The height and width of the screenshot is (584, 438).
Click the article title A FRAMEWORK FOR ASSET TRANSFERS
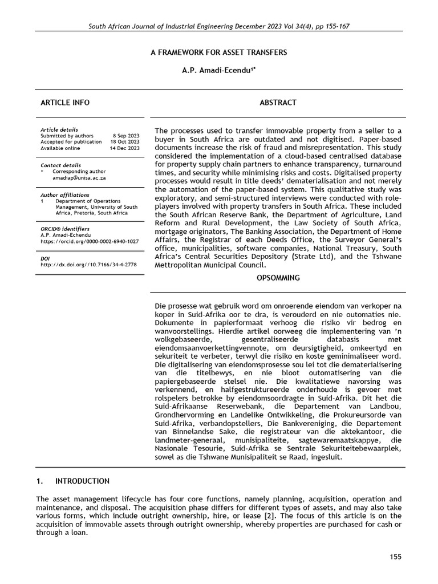218,52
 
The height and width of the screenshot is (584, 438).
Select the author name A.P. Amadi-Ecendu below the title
218,70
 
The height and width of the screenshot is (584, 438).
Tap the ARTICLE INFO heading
65,103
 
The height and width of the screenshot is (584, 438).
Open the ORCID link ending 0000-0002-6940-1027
90,241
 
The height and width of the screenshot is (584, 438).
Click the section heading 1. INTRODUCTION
73,481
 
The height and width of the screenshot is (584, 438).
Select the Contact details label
60,165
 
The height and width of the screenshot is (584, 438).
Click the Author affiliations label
64,194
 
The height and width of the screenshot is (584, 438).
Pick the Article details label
59,129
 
